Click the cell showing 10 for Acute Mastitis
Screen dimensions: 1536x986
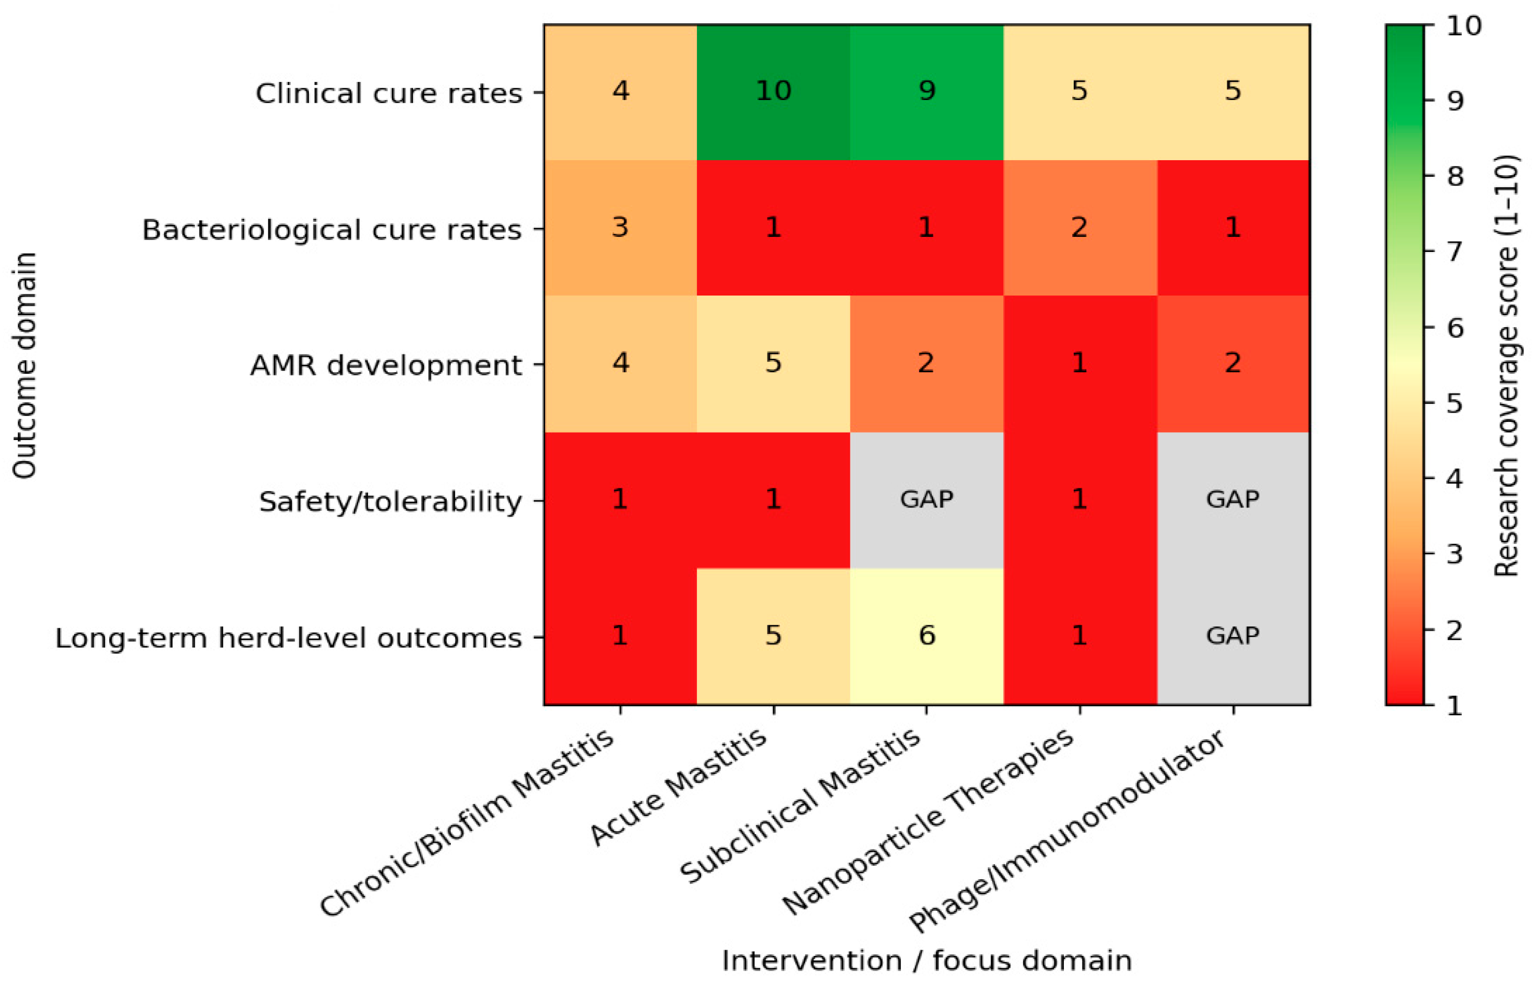[773, 92]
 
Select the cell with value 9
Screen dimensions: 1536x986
[927, 92]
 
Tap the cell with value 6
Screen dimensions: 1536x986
[927, 637]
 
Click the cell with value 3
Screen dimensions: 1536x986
[620, 228]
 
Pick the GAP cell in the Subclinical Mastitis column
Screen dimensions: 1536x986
[927, 500]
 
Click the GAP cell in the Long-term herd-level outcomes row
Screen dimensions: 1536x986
[1233, 637]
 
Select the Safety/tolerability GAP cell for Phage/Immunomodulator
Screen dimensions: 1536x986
[1233, 500]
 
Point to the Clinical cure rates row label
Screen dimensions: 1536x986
[389, 93]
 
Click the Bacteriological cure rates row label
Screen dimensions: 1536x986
[332, 229]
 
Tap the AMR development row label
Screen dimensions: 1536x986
[387, 365]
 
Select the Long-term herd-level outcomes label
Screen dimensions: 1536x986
[289, 638]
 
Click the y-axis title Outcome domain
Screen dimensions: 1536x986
[24, 365]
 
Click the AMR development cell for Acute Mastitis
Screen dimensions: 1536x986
[773, 364]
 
